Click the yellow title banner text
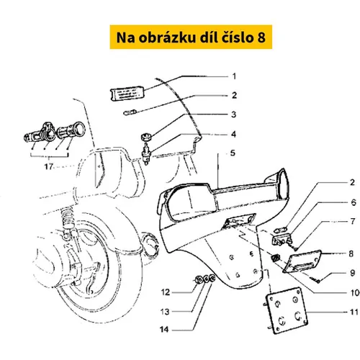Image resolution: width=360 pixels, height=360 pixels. pyautogui.click(x=191, y=37)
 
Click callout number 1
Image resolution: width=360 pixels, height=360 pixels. pyautogui.click(x=234, y=76)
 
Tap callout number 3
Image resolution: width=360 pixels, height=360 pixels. pyautogui.click(x=234, y=114)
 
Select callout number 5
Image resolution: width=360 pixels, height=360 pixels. pyautogui.click(x=233, y=153)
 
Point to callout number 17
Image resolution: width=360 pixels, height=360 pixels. pyautogui.click(x=49, y=166)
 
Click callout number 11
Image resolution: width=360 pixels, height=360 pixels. pyautogui.click(x=354, y=312)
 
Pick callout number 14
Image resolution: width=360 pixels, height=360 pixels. pyautogui.click(x=164, y=329)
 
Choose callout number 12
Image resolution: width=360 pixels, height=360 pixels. pyautogui.click(x=166, y=292)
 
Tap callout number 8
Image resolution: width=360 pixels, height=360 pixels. pyautogui.click(x=351, y=253)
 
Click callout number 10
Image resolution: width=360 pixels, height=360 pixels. pyautogui.click(x=355, y=292)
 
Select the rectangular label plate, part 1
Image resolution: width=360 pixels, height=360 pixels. pyautogui.click(x=127, y=93)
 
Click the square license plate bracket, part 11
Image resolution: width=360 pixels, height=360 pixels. pyautogui.click(x=287, y=310)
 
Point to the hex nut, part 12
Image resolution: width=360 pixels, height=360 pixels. pyautogui.click(x=198, y=279)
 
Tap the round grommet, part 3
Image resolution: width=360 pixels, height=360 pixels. pyautogui.click(x=145, y=137)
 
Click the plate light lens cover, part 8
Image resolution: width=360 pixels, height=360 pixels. pyautogui.click(x=302, y=261)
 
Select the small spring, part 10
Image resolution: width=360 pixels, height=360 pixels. pyautogui.click(x=276, y=258)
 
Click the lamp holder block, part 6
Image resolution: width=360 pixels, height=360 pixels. pyautogui.click(x=282, y=239)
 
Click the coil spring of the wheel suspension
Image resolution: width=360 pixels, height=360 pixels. pyautogui.click(x=67, y=218)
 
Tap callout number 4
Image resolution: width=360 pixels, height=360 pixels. pyautogui.click(x=233, y=134)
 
